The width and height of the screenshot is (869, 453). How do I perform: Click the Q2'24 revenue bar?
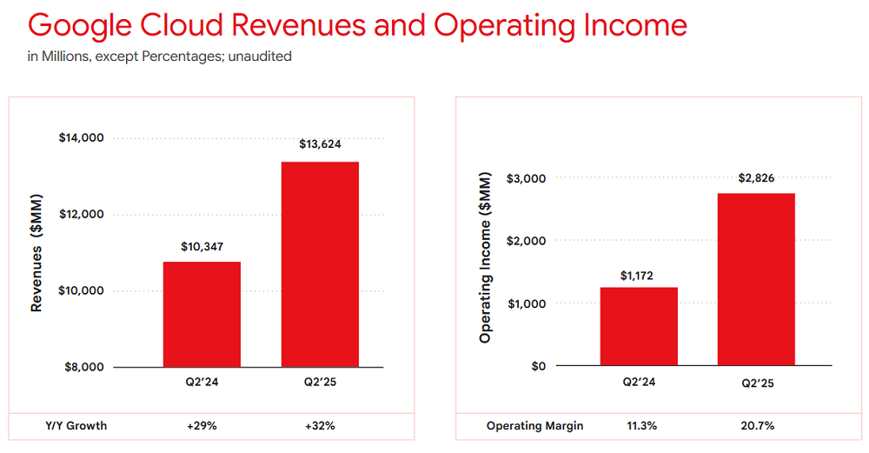click(x=202, y=314)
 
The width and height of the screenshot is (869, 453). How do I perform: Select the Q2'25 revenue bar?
click(x=320, y=264)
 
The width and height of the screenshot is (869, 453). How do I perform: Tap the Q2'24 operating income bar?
click(x=639, y=326)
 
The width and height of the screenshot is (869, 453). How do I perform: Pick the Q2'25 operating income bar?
click(x=756, y=279)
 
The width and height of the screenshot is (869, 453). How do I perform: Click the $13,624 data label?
click(x=321, y=144)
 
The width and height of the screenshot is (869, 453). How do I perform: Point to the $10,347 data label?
click(x=202, y=245)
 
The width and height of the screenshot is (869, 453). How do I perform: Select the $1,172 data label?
click(x=639, y=276)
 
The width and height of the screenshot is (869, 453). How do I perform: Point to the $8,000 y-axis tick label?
click(x=85, y=367)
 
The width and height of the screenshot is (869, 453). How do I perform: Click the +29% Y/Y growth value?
click(x=202, y=426)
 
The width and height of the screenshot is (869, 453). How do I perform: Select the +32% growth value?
click(x=320, y=426)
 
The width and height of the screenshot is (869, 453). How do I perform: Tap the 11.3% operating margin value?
click(x=639, y=426)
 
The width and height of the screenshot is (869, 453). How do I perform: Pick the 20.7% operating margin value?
click(x=756, y=426)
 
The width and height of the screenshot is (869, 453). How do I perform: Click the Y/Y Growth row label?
click(x=76, y=426)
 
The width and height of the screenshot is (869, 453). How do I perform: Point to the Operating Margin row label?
click(x=535, y=426)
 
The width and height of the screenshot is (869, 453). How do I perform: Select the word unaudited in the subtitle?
click(x=262, y=57)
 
